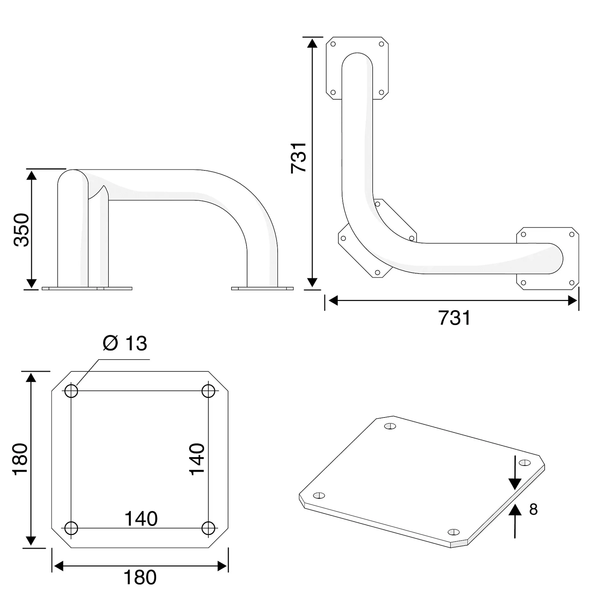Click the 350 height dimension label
point(21,230)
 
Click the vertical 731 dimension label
point(298,158)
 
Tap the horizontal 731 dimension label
point(454,318)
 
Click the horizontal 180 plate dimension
point(140,577)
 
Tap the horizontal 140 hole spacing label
point(141,518)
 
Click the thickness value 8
point(533,509)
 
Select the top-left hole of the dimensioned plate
point(71,391)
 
